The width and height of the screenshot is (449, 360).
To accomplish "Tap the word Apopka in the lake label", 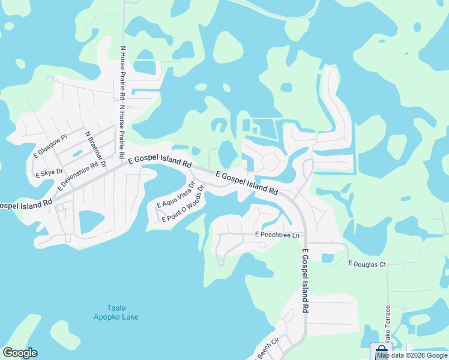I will [104, 316].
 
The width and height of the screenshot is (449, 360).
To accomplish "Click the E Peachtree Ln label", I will [277, 234].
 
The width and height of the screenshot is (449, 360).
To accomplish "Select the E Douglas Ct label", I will [367, 263].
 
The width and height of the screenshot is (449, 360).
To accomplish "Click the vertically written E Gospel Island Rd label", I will [305, 280].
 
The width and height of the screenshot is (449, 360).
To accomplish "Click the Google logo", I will [20, 353].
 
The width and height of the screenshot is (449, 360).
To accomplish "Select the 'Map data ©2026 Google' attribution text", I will [412, 355].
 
